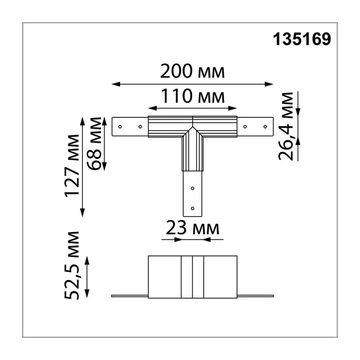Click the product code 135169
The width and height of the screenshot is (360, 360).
click(302, 39)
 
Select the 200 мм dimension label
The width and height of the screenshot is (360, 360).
click(193, 71)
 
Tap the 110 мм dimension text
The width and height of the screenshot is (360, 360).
click(193, 96)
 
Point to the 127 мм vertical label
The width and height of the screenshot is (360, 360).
click(72, 166)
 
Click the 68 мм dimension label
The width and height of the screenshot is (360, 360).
click(94, 144)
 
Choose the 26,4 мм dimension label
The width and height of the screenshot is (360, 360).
click(286, 126)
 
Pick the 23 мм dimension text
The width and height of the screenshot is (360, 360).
click(193, 228)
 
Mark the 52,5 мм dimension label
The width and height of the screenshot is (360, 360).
click(72, 265)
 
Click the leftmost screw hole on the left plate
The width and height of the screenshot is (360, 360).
click(120, 127)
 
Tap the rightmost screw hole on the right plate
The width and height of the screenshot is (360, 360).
click(265, 127)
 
